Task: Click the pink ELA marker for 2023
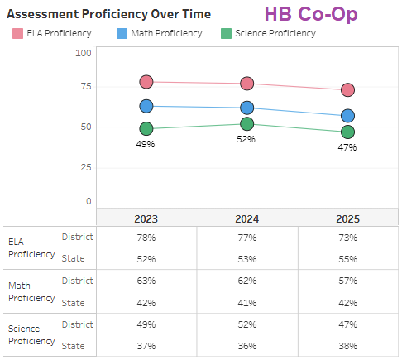tap(146, 81)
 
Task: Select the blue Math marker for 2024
tap(246, 108)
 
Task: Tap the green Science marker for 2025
tap(347, 132)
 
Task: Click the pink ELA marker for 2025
tap(347, 89)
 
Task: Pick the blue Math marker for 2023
tap(146, 106)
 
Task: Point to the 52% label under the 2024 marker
tap(246, 140)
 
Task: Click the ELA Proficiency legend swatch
tap(17, 34)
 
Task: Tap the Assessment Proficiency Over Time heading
tap(108, 14)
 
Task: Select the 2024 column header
tap(246, 218)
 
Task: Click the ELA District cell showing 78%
tap(146, 238)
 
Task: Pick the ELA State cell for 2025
tap(347, 259)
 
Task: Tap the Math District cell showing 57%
tap(347, 281)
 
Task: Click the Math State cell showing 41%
tap(246, 303)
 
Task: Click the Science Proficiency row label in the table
tap(31, 335)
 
